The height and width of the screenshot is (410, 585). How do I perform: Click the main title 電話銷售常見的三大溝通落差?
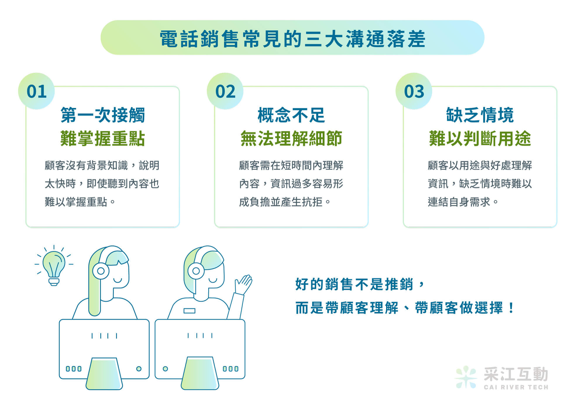click(x=292, y=39)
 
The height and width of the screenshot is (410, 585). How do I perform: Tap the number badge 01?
click(x=37, y=91)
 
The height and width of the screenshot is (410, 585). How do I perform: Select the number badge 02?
click(x=225, y=91)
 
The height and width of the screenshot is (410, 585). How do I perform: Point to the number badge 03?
click(x=414, y=91)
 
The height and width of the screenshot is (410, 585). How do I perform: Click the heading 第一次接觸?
click(x=103, y=115)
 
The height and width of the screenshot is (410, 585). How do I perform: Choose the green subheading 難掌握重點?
click(x=103, y=138)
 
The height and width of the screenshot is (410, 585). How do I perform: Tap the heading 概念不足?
click(x=291, y=115)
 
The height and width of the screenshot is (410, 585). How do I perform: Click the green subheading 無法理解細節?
click(x=291, y=138)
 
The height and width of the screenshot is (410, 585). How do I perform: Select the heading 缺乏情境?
click(x=480, y=115)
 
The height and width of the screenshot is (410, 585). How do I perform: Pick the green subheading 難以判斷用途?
click(x=480, y=138)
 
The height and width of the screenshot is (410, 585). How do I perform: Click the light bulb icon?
click(x=54, y=266)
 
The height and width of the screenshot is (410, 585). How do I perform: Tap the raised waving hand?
click(x=244, y=284)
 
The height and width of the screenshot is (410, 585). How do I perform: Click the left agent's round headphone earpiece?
click(x=101, y=271)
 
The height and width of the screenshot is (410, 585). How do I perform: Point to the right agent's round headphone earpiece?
click(x=196, y=271)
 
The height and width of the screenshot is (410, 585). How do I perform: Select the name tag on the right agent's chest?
click(x=189, y=311)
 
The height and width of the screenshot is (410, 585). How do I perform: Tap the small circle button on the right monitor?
click(x=165, y=369)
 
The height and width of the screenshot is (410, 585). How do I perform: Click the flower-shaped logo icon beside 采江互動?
click(x=466, y=377)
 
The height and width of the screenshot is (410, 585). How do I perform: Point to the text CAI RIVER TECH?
click(x=516, y=387)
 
